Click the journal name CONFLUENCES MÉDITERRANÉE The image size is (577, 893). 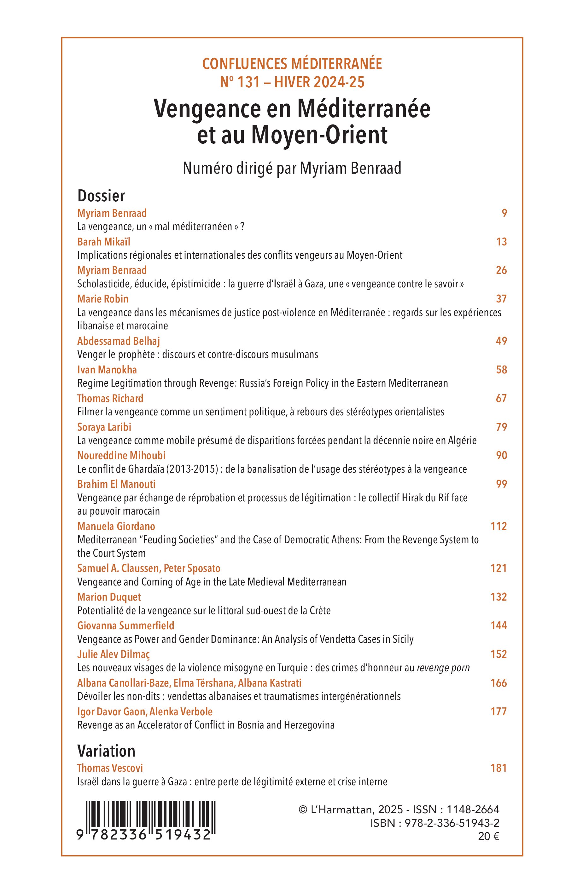coord(292,64)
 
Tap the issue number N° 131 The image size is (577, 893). coord(240,82)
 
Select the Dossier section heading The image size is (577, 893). coord(101,196)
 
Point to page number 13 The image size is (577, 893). coord(501,242)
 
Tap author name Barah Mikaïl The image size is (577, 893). coord(104,242)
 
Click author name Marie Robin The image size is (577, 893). coord(103,299)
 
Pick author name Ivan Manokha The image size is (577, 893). coord(107,370)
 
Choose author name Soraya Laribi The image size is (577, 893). coord(104,427)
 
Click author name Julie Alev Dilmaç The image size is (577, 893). coord(113,654)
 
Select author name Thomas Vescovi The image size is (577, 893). coord(110,768)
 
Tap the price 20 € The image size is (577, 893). coord(489,837)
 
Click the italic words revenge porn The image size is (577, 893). coord(443,668)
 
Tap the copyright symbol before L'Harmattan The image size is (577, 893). coord(303,810)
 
